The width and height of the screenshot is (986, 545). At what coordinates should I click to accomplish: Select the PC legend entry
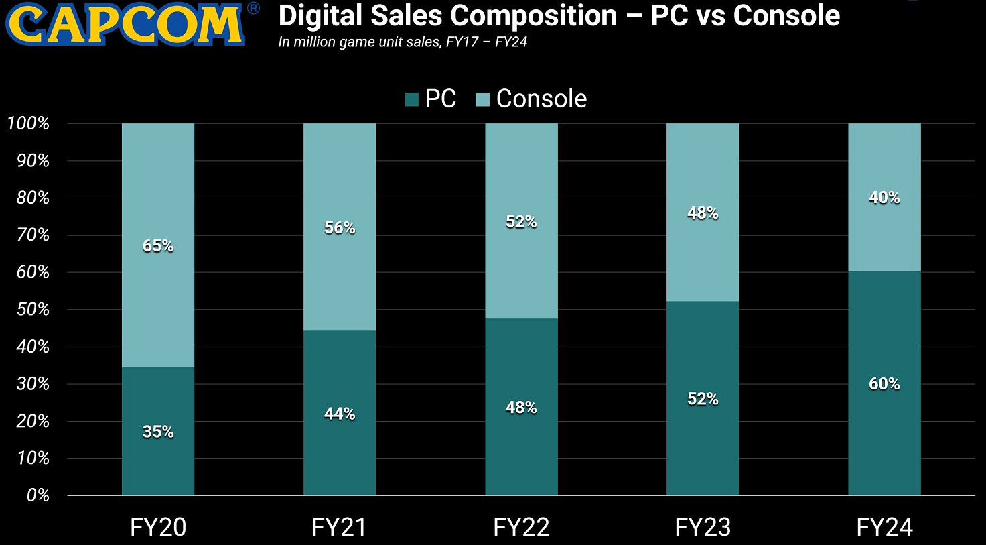click(431, 99)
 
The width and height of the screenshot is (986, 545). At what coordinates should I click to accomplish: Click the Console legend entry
click(531, 99)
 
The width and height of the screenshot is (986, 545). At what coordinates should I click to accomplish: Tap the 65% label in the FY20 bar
click(158, 246)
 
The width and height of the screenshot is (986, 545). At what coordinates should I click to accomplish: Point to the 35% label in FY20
click(158, 432)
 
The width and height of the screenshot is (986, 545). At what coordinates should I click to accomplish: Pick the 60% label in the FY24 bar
click(884, 384)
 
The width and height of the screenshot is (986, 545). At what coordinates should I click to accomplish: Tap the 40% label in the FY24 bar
click(884, 198)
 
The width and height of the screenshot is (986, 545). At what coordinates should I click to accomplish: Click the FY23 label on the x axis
click(703, 527)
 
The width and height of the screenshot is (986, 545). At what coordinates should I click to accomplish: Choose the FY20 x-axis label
click(158, 527)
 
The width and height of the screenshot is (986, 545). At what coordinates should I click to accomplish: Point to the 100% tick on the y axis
click(28, 123)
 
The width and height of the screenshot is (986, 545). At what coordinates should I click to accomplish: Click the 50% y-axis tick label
click(31, 310)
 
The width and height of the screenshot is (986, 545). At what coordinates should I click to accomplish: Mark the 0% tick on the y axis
click(38, 495)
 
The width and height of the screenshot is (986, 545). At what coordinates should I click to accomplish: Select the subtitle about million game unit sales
click(403, 42)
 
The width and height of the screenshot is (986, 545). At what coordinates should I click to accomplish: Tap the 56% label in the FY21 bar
click(340, 228)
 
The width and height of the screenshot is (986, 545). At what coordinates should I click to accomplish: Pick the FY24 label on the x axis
click(884, 527)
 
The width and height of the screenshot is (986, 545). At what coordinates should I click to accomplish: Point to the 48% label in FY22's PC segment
click(521, 408)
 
